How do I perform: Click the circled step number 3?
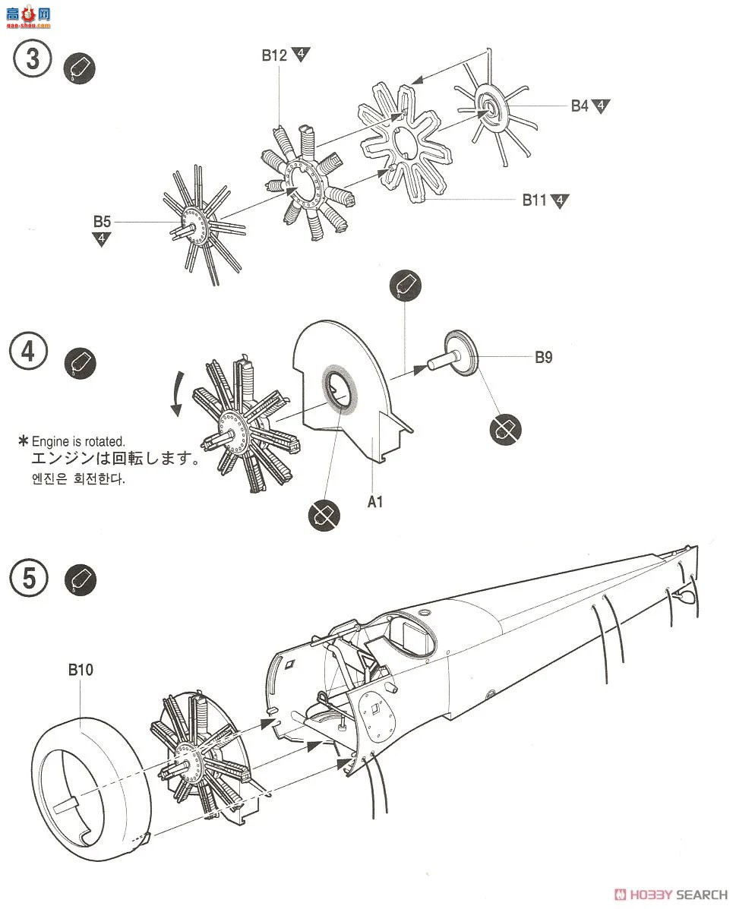pos(32,58)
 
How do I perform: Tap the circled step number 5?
pos(29,578)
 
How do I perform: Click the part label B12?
pos(273,55)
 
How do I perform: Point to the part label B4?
pos(579,106)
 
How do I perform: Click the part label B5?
pos(102,222)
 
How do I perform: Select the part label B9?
pos(543,357)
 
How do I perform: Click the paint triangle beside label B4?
pos(602,106)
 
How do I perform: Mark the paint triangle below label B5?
pos(102,239)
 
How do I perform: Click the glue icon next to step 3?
pos(80,69)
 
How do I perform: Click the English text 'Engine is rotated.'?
pos(77,441)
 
